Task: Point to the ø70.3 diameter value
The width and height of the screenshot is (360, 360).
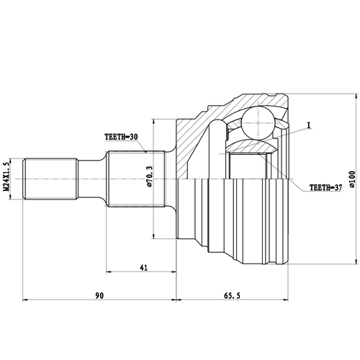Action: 149,176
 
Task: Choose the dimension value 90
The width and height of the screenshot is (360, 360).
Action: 99,295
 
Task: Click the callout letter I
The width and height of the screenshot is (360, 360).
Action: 308,125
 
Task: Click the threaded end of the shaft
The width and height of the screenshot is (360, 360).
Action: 50,179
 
